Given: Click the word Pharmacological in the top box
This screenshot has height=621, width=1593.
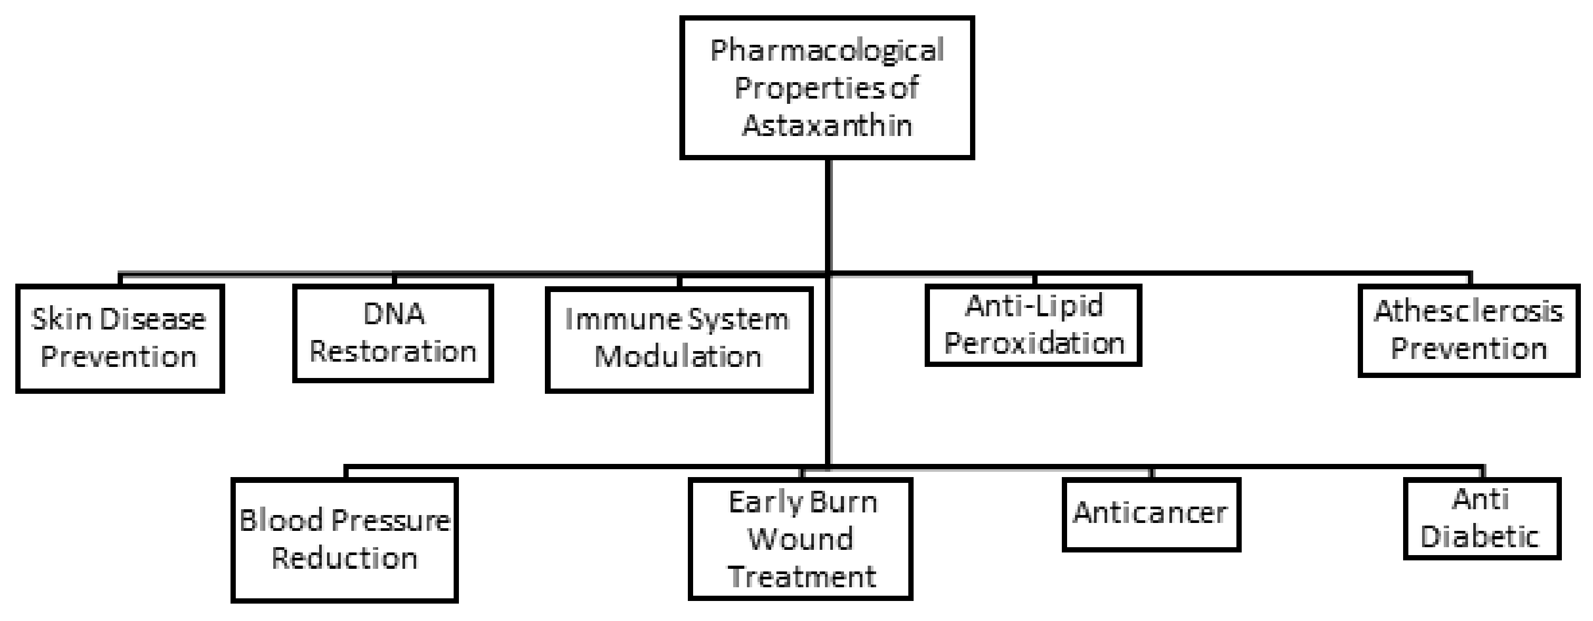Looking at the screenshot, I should (x=827, y=51).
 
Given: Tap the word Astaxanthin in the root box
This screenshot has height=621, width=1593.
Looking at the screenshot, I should (x=827, y=125).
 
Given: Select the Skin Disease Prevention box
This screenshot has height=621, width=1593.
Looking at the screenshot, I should (x=119, y=338).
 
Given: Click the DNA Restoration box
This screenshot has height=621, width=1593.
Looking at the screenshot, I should (x=394, y=333).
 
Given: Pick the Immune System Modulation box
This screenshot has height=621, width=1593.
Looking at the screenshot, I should (x=679, y=338).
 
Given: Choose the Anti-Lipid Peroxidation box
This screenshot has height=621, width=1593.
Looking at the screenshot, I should (x=1033, y=325).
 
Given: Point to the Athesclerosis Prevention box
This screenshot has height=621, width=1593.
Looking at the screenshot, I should (x=1469, y=331).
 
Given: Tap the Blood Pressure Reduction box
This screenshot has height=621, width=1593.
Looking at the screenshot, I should (x=344, y=539).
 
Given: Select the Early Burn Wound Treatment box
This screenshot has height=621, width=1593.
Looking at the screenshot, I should (x=801, y=539).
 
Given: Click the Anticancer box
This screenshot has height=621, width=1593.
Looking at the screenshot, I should (x=1151, y=514).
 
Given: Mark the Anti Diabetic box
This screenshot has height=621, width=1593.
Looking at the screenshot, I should (x=1482, y=518).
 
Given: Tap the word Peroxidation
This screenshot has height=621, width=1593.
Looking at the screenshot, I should (x=1033, y=344).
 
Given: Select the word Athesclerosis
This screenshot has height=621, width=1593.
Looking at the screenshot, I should (x=1469, y=312).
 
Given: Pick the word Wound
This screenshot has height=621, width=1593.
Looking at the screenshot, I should (x=801, y=539).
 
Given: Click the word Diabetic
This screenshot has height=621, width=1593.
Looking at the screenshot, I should (x=1479, y=536).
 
